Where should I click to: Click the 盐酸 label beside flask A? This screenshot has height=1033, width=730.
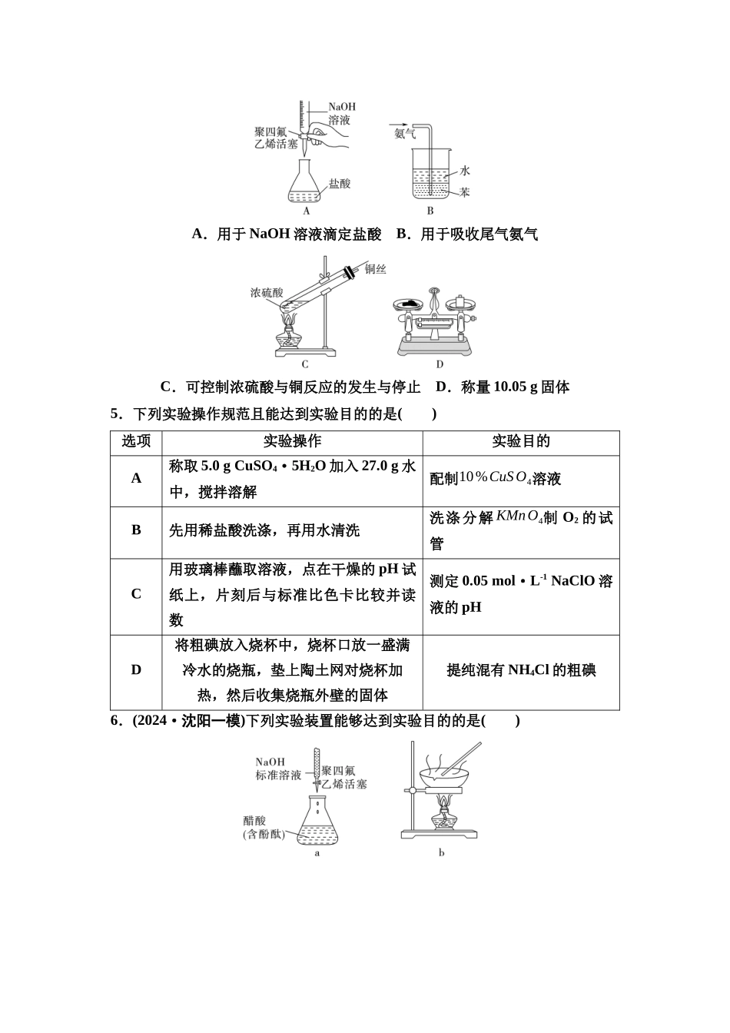[340, 184]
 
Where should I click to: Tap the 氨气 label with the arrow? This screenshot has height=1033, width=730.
[404, 134]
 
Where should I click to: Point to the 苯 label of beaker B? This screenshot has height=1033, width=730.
[464, 192]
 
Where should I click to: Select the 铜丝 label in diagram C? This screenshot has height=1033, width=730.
[376, 269]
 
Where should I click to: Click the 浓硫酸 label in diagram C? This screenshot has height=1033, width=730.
[267, 293]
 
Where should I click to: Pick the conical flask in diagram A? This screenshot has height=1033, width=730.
[307, 182]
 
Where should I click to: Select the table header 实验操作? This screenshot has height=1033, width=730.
[292, 441]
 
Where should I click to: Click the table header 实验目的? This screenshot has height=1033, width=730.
[521, 441]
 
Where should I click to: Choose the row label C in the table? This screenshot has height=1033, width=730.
[136, 594]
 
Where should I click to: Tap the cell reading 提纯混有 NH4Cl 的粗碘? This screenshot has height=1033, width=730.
[521, 670]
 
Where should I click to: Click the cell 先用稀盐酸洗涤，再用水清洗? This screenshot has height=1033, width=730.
[264, 530]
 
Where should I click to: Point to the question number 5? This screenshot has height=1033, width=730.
[116, 414]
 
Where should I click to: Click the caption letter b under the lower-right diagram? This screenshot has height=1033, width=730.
[442, 852]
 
